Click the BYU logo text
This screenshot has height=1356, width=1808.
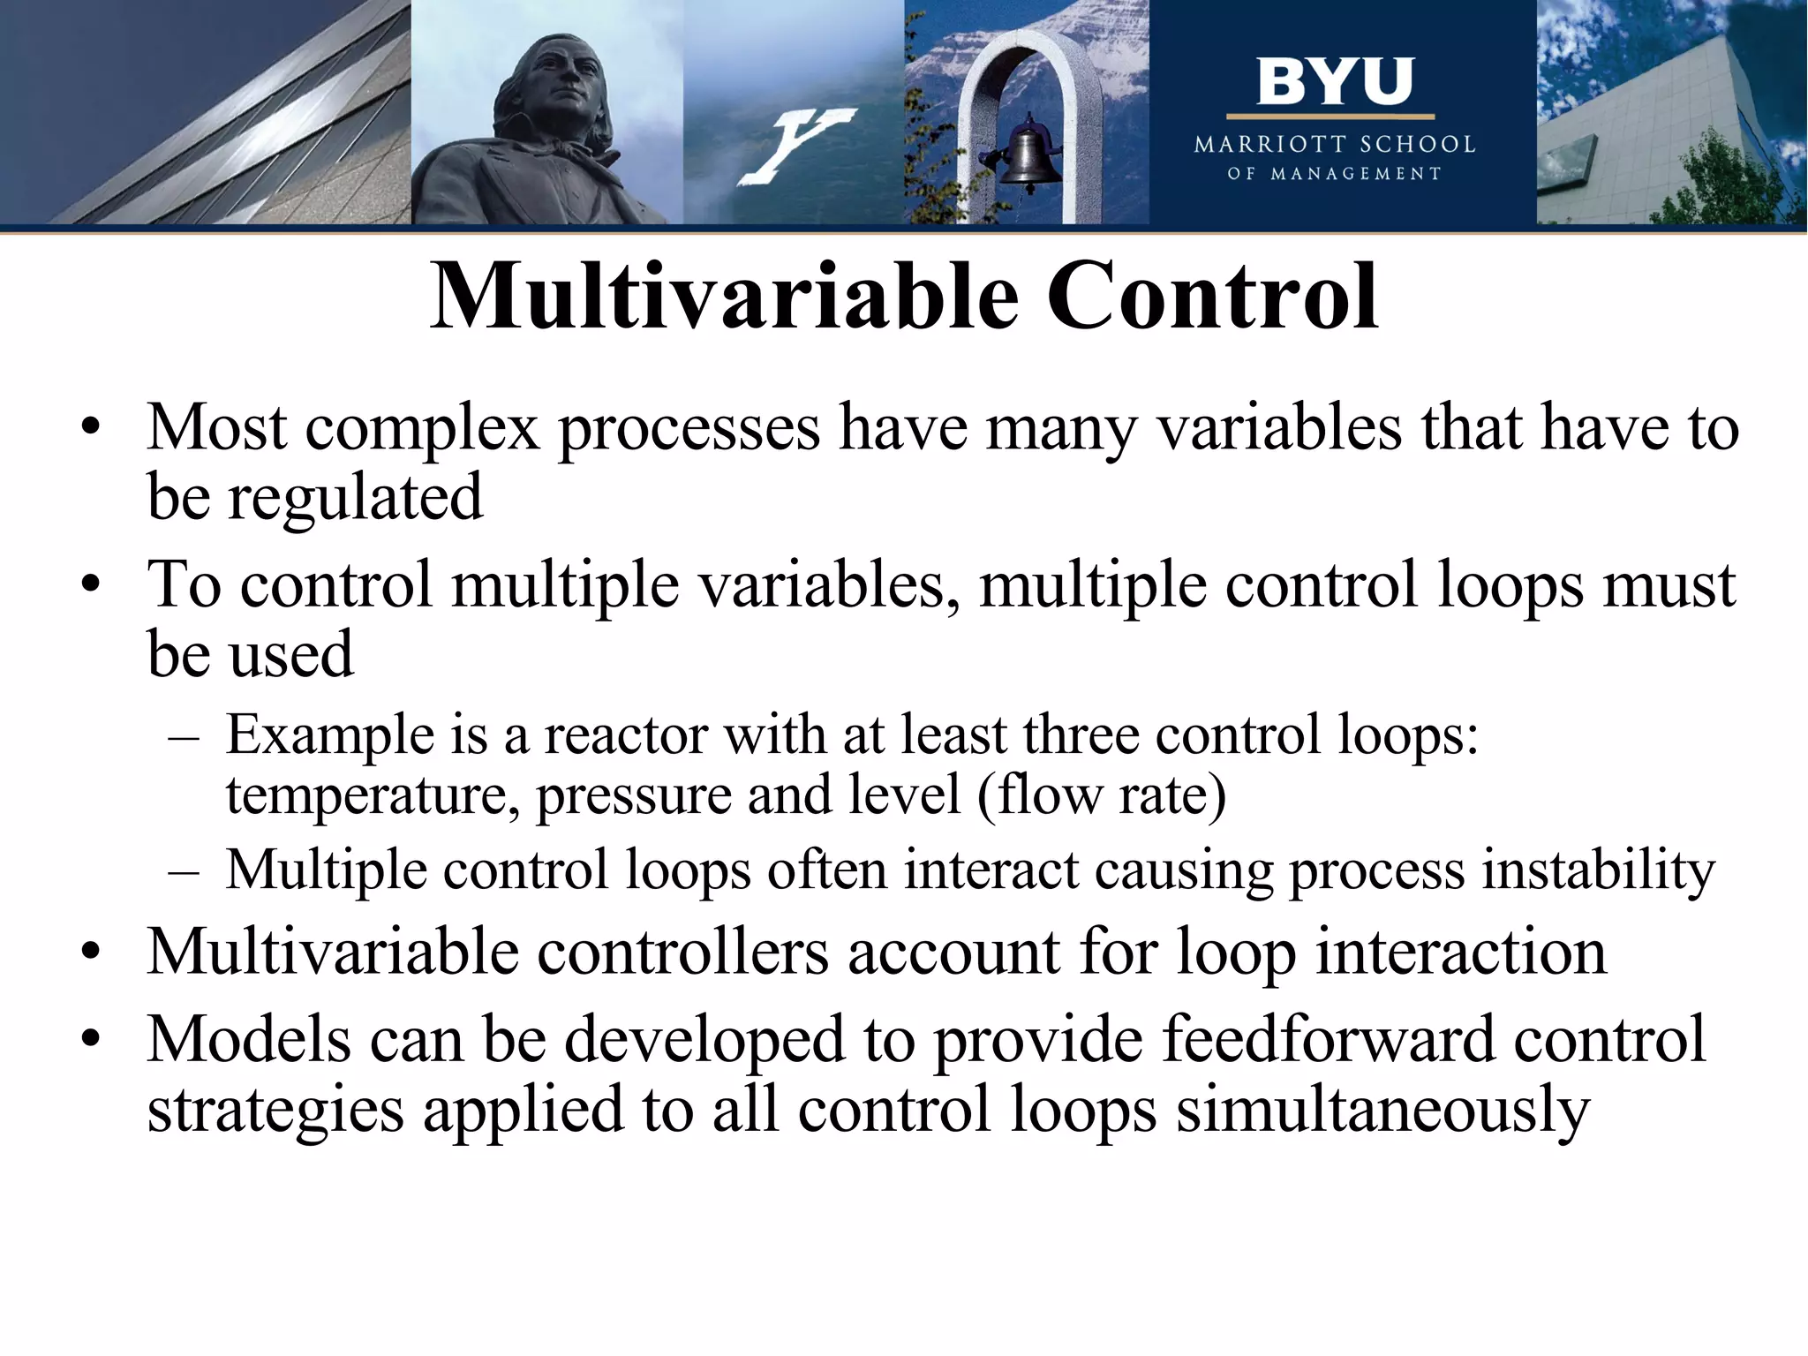[1334, 82]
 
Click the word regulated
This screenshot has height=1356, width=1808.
[356, 497]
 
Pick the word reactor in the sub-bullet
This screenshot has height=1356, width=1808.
[625, 735]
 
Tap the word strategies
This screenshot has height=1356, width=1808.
[275, 1111]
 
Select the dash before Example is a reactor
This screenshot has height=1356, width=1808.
[184, 737]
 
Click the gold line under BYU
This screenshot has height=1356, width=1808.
[1330, 117]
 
